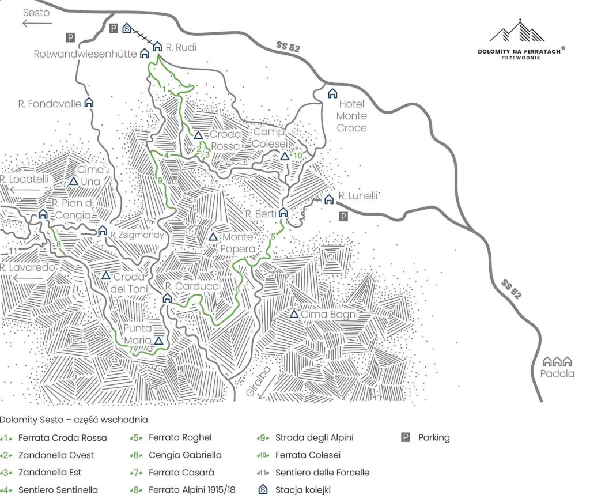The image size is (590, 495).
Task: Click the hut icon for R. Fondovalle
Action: click(x=89, y=103)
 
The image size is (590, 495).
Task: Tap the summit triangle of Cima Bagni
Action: click(x=294, y=315)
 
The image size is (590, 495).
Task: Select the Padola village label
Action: click(x=558, y=373)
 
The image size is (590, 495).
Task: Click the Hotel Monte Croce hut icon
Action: click(x=332, y=93)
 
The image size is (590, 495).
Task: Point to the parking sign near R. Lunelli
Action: click(x=343, y=217)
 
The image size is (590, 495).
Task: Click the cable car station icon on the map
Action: click(x=127, y=28)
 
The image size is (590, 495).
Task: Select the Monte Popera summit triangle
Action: click(x=213, y=237)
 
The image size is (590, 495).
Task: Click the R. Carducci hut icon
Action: click(x=167, y=298)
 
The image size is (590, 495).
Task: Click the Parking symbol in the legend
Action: click(x=406, y=437)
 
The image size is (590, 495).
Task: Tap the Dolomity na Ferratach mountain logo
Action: click(x=517, y=32)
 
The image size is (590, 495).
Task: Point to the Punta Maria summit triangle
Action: click(x=159, y=341)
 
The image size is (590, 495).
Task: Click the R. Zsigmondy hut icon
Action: click(x=103, y=231)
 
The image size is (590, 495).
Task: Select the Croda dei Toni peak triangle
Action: click(x=106, y=276)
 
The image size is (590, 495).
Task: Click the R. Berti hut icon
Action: click(x=283, y=212)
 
